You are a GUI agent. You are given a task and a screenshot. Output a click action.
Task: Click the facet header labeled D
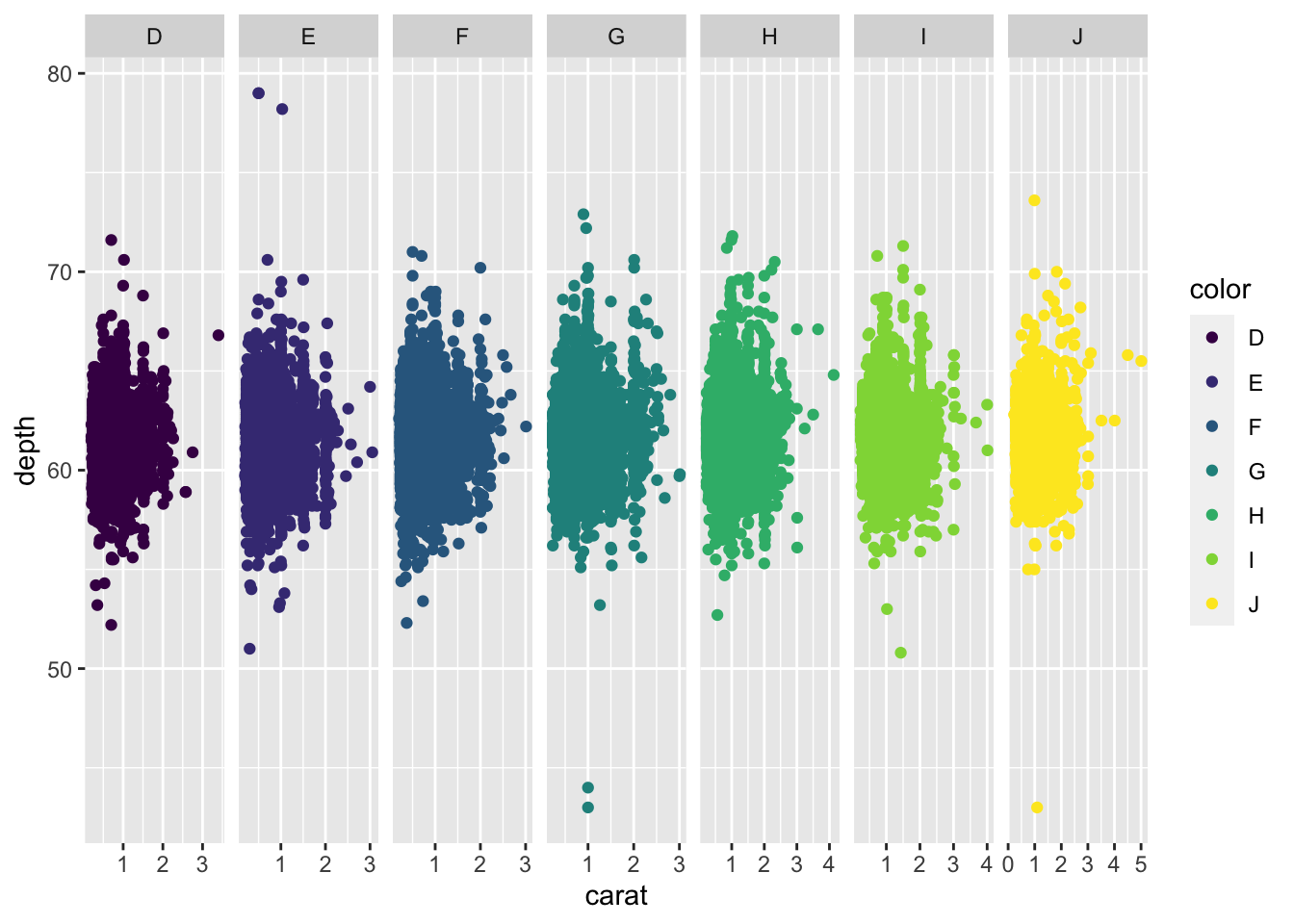point(154,37)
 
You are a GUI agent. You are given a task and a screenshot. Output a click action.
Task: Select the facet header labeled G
point(616,37)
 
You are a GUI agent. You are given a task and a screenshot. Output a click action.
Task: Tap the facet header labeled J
point(1077,37)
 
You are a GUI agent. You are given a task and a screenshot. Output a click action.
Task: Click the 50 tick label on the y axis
point(60,669)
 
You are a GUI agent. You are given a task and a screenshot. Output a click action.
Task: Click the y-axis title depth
point(26,450)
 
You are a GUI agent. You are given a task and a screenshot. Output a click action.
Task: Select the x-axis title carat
point(616,896)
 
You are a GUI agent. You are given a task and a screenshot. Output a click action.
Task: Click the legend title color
point(1220,290)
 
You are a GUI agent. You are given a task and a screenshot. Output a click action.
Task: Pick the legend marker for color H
point(1212,516)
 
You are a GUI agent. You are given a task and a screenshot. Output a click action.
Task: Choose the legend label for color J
point(1254,604)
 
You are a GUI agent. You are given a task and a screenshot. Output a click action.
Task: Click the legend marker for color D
point(1212,338)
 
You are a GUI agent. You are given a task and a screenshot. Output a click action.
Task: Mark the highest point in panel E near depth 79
point(258,93)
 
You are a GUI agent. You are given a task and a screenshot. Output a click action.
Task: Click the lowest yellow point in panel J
point(1037,808)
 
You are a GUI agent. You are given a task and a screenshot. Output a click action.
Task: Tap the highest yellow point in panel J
point(1034,200)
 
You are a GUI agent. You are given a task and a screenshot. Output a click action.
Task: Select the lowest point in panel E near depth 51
point(249,649)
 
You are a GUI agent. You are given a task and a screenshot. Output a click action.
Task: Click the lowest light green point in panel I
point(901,653)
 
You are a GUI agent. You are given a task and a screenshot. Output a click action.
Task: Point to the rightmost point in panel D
point(219,335)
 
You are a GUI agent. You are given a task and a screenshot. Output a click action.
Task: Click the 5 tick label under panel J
point(1141,864)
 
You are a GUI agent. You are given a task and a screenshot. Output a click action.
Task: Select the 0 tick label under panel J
point(1008,864)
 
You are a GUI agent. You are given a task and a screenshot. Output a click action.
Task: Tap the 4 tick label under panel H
point(829,864)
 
